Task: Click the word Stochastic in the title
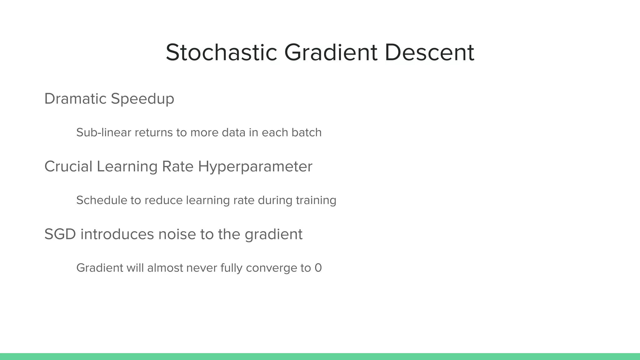pos(221,52)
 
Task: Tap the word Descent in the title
pos(429,52)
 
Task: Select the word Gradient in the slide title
pos(331,52)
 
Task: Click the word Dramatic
pos(75,99)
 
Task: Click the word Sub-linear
pos(104,132)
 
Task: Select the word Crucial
pos(68,166)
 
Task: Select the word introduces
pos(117,234)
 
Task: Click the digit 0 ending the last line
pos(318,268)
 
